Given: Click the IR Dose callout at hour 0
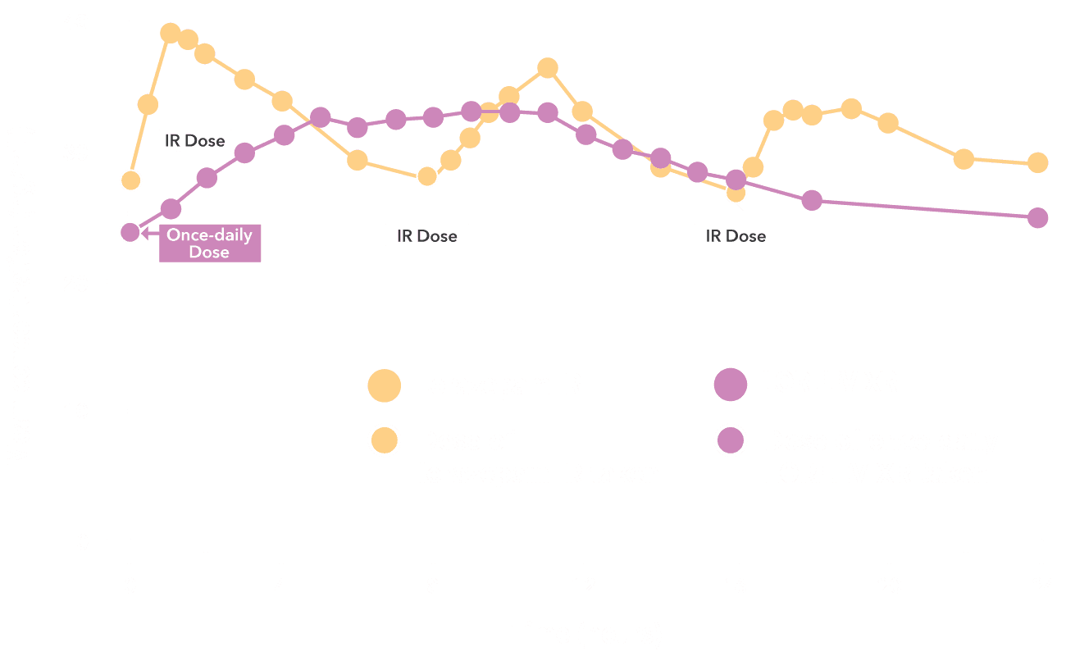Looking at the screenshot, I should pos(195,140).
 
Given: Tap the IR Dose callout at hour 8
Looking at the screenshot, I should pos(427,235).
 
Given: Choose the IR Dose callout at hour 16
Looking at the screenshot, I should pos(736,235).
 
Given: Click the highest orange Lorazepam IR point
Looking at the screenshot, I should pos(170,34).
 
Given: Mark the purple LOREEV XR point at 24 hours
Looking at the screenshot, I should pos(1037,217).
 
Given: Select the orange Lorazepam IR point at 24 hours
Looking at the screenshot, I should pos(1037,163).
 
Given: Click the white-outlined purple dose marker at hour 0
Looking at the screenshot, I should pos(130,232).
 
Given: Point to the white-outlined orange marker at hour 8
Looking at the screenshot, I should pos(426,176).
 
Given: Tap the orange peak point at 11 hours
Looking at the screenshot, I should pos(547,68).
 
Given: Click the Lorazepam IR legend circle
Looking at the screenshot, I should pos(385,385).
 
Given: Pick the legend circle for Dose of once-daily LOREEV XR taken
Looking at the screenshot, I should pos(730,443).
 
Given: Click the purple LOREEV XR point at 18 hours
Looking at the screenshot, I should pos(812,201).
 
